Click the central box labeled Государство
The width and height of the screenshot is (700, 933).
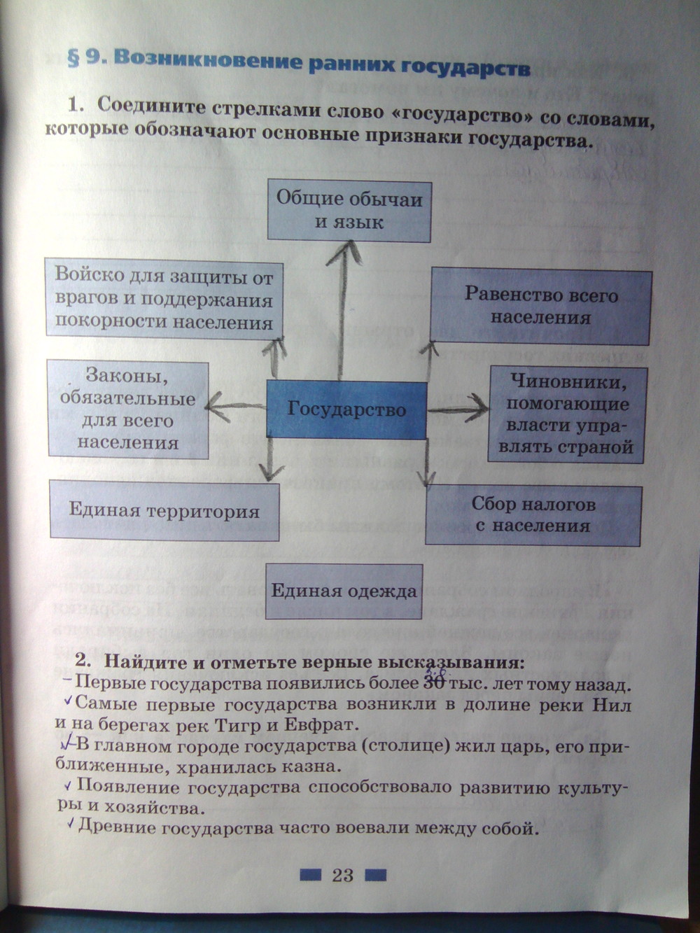pos(346,409)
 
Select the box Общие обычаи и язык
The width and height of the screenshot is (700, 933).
pos(349,211)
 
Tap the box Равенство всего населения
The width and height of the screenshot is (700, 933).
pos(540,306)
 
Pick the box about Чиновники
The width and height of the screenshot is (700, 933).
pos(568,414)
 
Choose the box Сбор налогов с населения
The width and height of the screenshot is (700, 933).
pos(533,514)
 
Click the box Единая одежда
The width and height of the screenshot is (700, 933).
pos(344,591)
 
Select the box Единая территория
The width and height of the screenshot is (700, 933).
pos(164,510)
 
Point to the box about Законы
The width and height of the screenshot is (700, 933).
pos(128,409)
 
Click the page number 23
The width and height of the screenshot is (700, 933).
pos(342,875)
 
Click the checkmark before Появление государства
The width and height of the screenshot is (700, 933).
pos(68,785)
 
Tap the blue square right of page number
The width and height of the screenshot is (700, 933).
pos(375,874)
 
